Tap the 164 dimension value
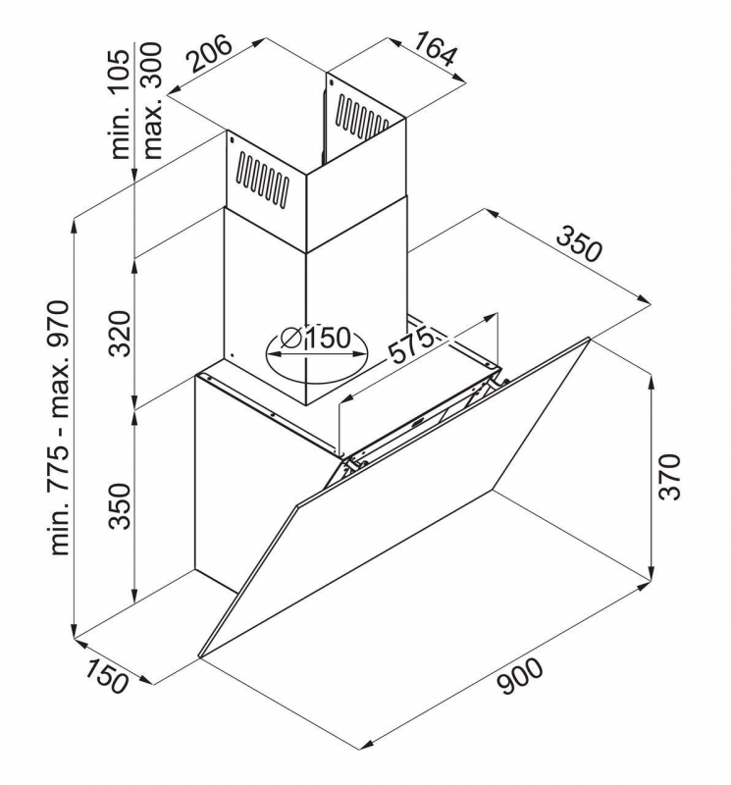(435, 48)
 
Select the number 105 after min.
(120, 71)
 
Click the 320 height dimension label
(120, 334)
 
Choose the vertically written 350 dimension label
(120, 506)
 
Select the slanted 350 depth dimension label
(579, 244)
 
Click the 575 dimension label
(410, 344)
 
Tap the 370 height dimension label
(670, 477)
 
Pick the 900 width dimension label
(521, 676)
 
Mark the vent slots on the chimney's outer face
(263, 179)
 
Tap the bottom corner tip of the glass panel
(200, 656)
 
